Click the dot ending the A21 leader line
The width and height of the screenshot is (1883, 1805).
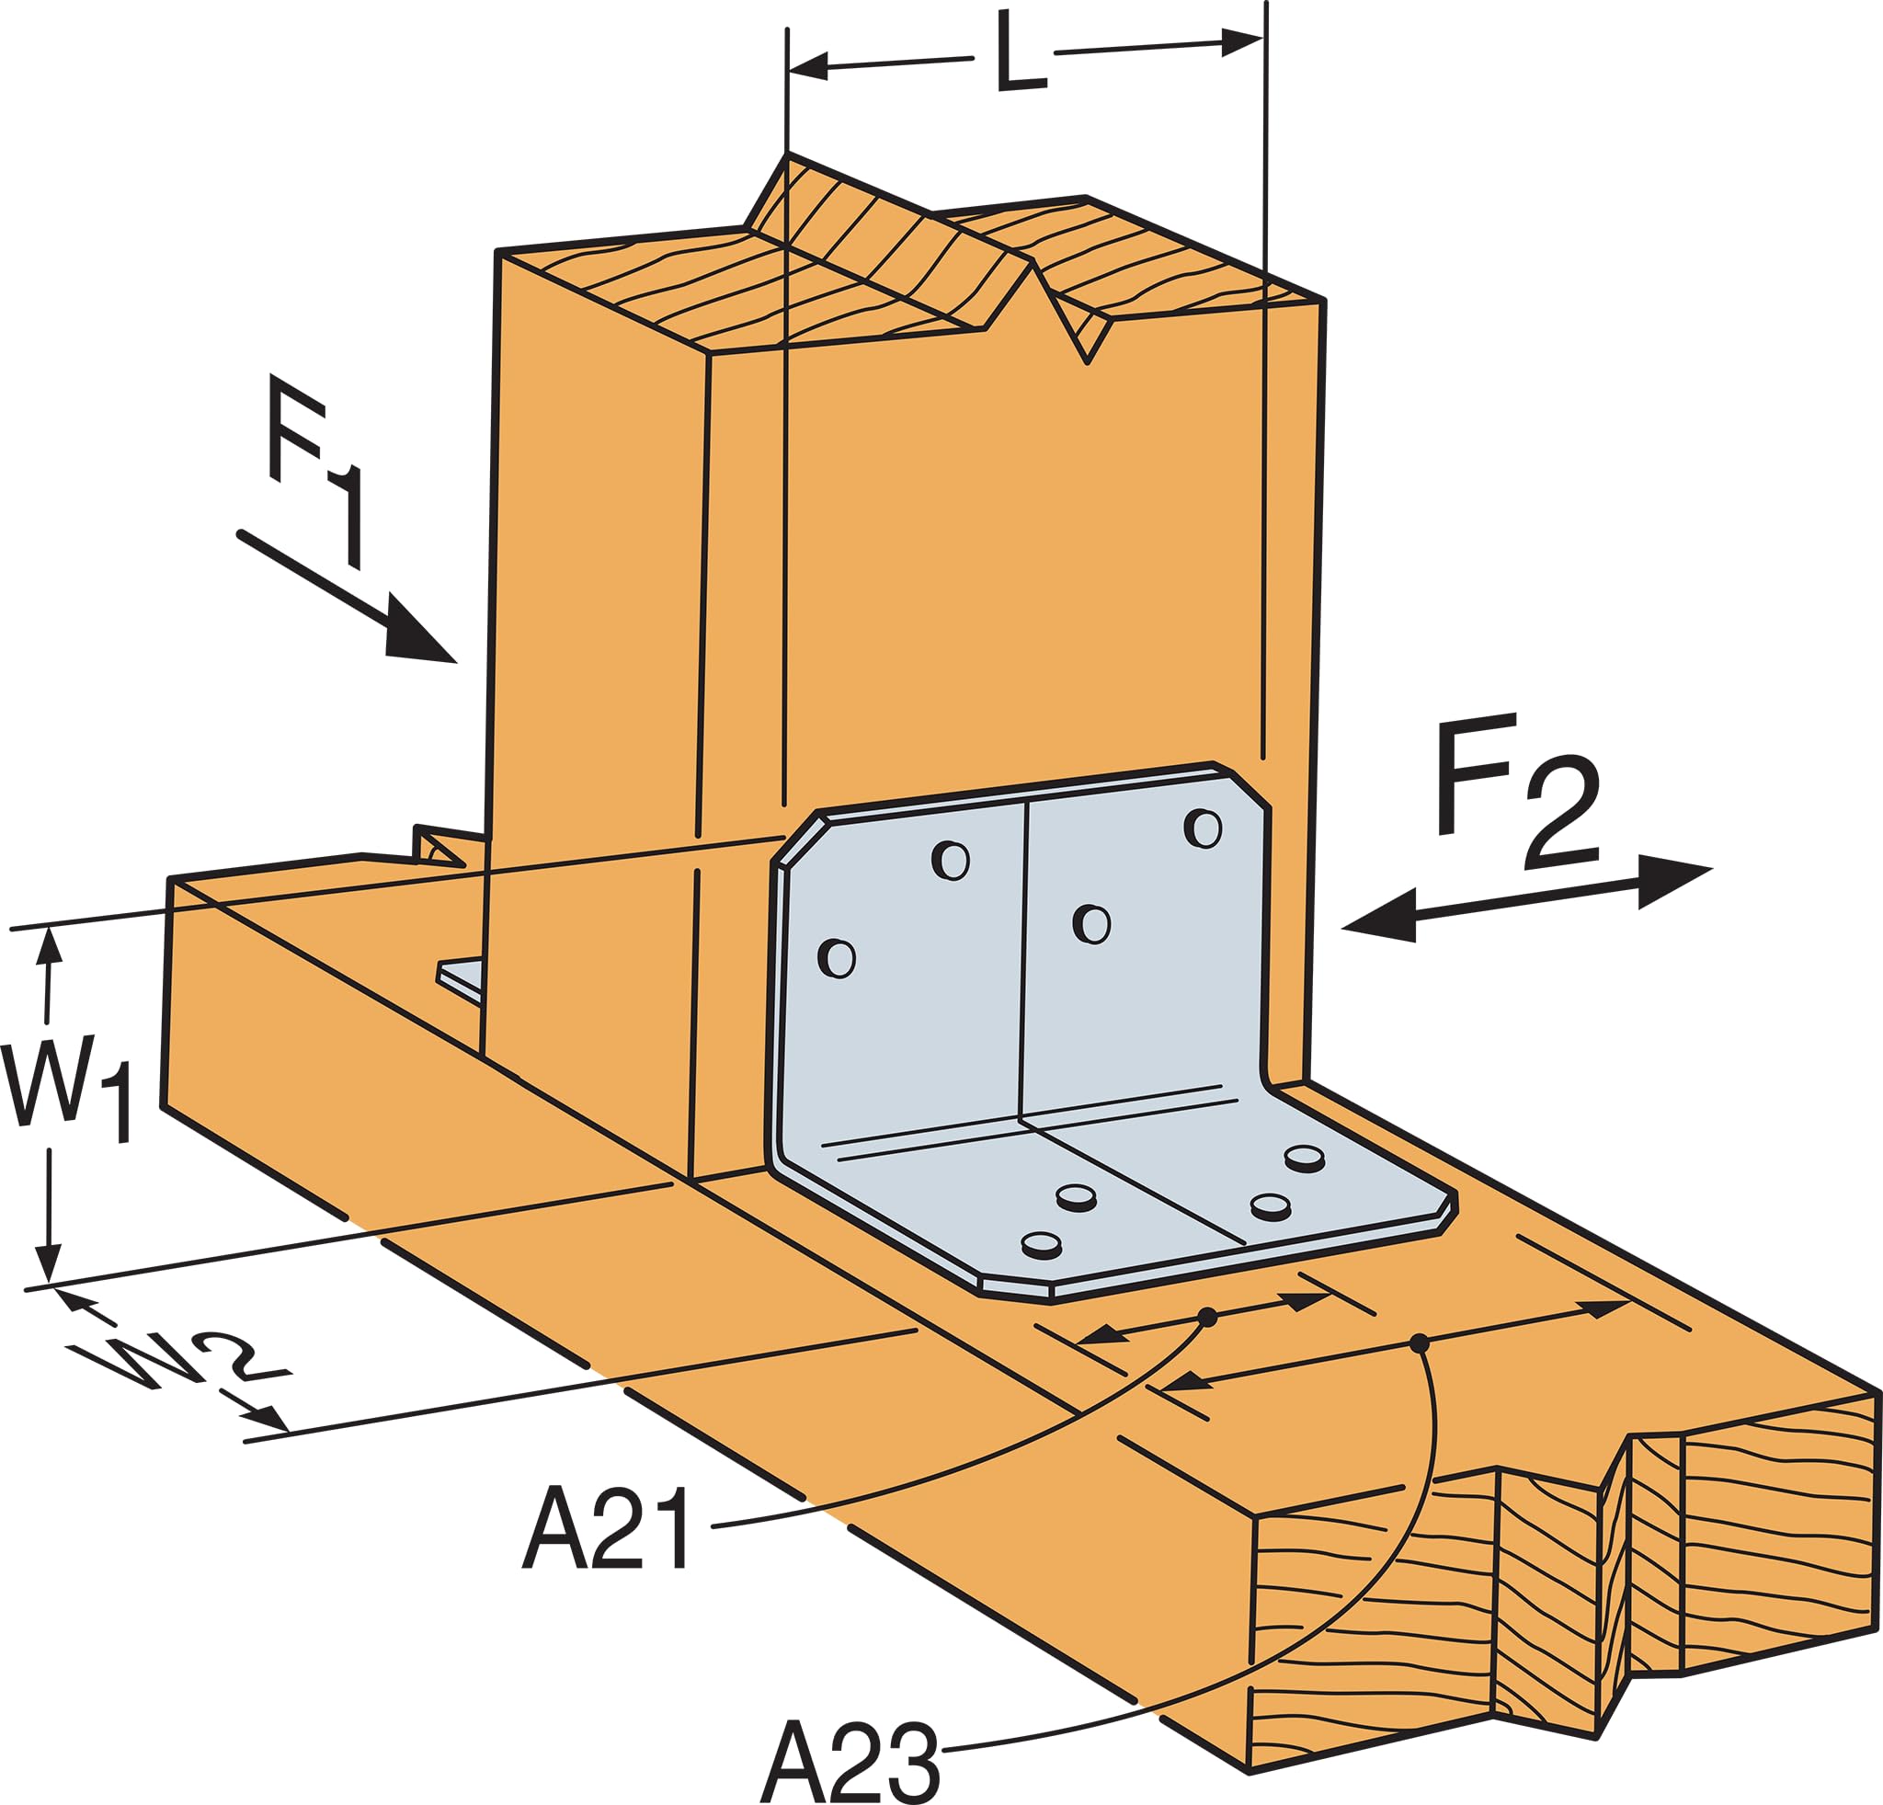click(1207, 1317)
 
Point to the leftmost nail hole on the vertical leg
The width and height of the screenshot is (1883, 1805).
click(837, 958)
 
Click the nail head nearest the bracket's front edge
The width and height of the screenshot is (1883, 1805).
click(1042, 1245)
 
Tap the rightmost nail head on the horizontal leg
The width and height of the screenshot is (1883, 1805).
click(1305, 1158)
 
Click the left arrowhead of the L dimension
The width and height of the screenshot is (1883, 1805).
click(807, 67)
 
